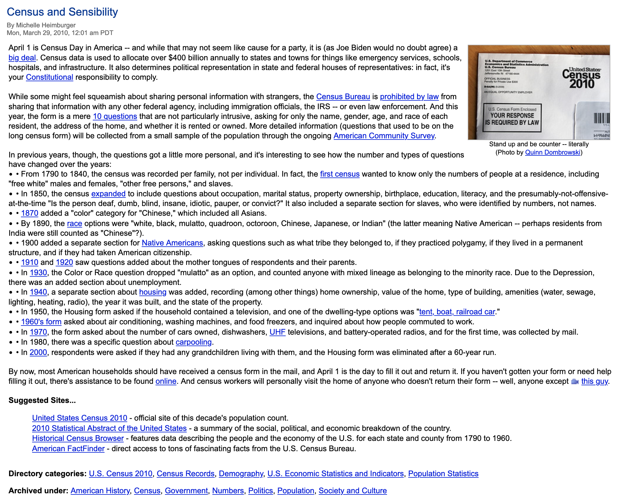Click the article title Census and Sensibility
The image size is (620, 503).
62,12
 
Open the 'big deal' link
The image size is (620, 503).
22,58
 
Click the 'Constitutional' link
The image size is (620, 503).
49,77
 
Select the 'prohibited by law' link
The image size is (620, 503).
409,97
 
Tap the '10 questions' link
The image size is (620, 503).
115,116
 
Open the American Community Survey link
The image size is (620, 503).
384,136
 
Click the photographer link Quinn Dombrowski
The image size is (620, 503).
553,152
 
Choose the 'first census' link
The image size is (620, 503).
340,174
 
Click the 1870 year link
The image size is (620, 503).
29,213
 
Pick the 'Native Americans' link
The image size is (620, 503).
172,243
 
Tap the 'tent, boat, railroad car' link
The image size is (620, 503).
457,312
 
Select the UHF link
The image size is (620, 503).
277,332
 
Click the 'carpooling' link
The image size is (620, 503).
194,342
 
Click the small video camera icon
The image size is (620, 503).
575,381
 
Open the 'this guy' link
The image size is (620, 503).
594,381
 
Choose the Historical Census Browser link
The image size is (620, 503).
78,438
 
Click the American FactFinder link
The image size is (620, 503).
68,449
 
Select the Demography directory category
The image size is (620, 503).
241,474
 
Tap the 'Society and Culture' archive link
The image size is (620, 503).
353,491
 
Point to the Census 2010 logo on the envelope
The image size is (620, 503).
581,78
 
